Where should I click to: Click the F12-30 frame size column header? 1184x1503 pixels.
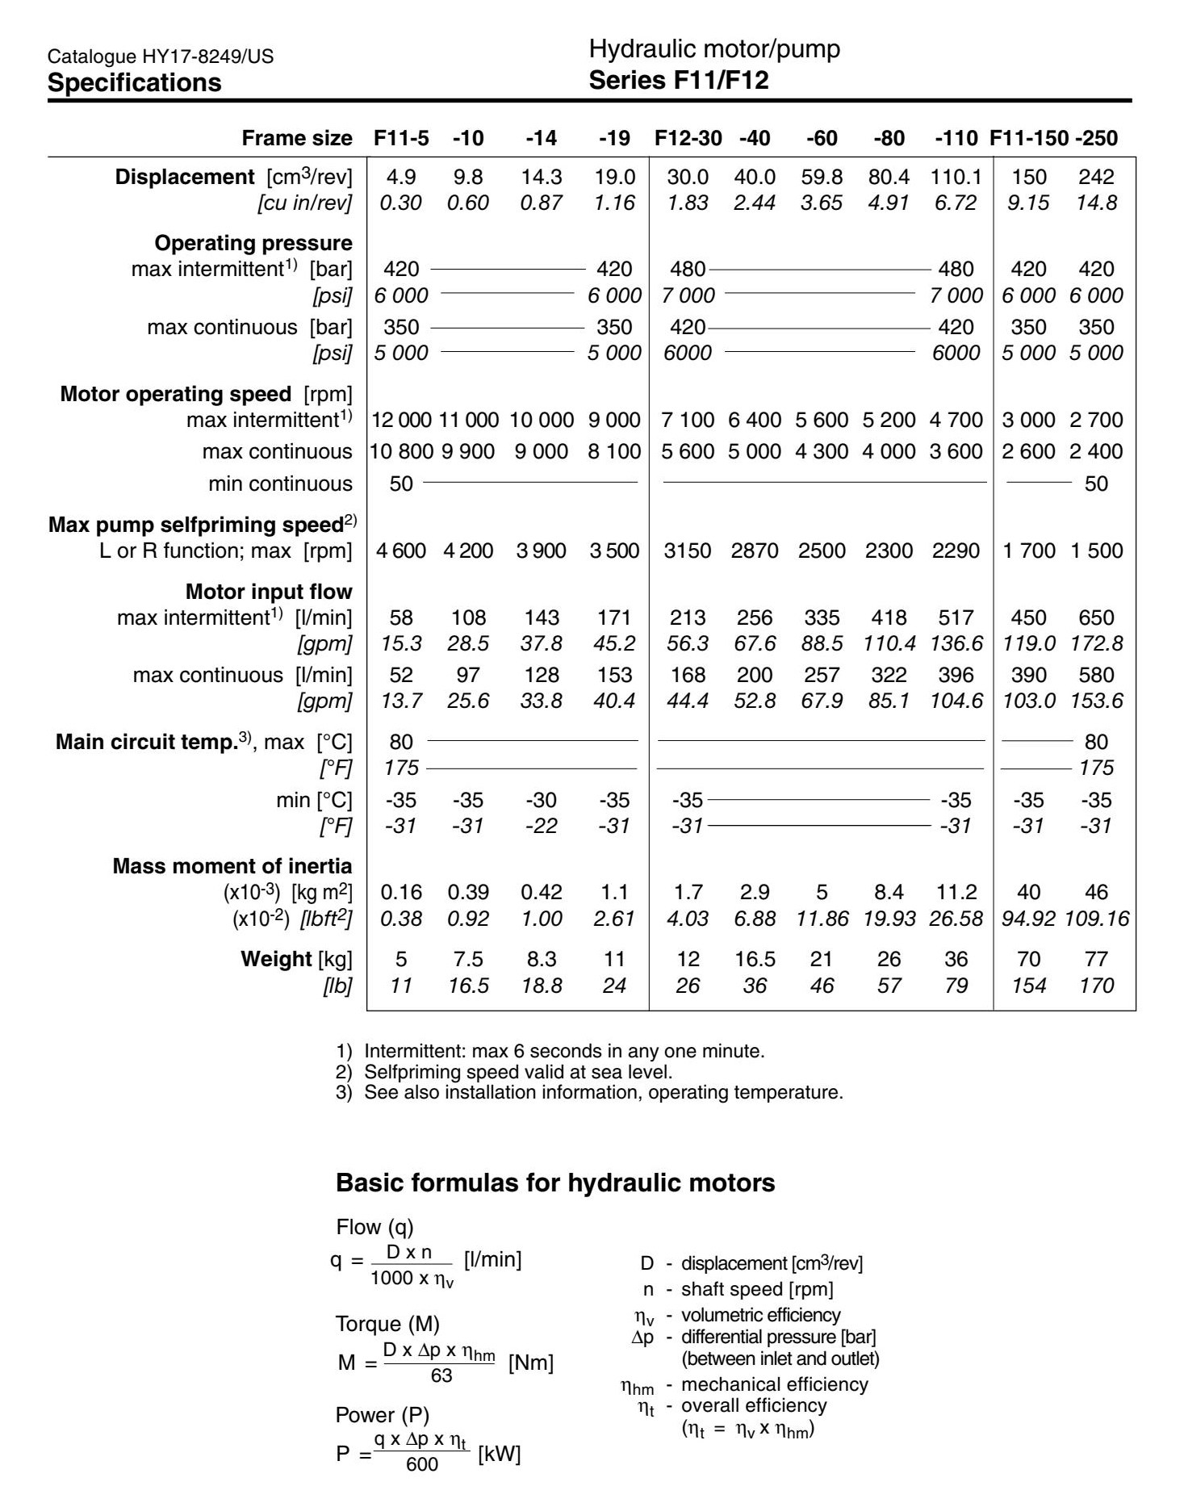(688, 138)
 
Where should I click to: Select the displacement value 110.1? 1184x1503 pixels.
(956, 177)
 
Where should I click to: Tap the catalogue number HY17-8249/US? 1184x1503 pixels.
(161, 57)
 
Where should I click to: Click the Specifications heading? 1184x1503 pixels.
(134, 82)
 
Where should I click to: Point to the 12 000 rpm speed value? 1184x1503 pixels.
(401, 420)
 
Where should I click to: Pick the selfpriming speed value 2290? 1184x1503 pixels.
(956, 551)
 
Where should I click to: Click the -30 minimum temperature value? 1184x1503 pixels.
(541, 800)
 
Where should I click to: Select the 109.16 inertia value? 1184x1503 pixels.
(1096, 918)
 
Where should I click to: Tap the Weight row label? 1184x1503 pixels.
(276, 959)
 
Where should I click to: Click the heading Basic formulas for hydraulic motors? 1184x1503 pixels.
(555, 1183)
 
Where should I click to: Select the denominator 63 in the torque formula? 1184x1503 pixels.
(441, 1375)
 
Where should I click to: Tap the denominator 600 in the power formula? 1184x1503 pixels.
(422, 1464)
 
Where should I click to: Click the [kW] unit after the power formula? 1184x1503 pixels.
(500, 1455)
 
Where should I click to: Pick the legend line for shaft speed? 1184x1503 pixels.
(738, 1289)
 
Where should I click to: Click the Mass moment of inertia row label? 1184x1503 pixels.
(232, 866)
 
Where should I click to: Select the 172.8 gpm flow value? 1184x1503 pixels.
(1096, 643)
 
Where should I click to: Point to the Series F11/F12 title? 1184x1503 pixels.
(679, 81)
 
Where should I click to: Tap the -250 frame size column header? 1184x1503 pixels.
(1096, 138)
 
